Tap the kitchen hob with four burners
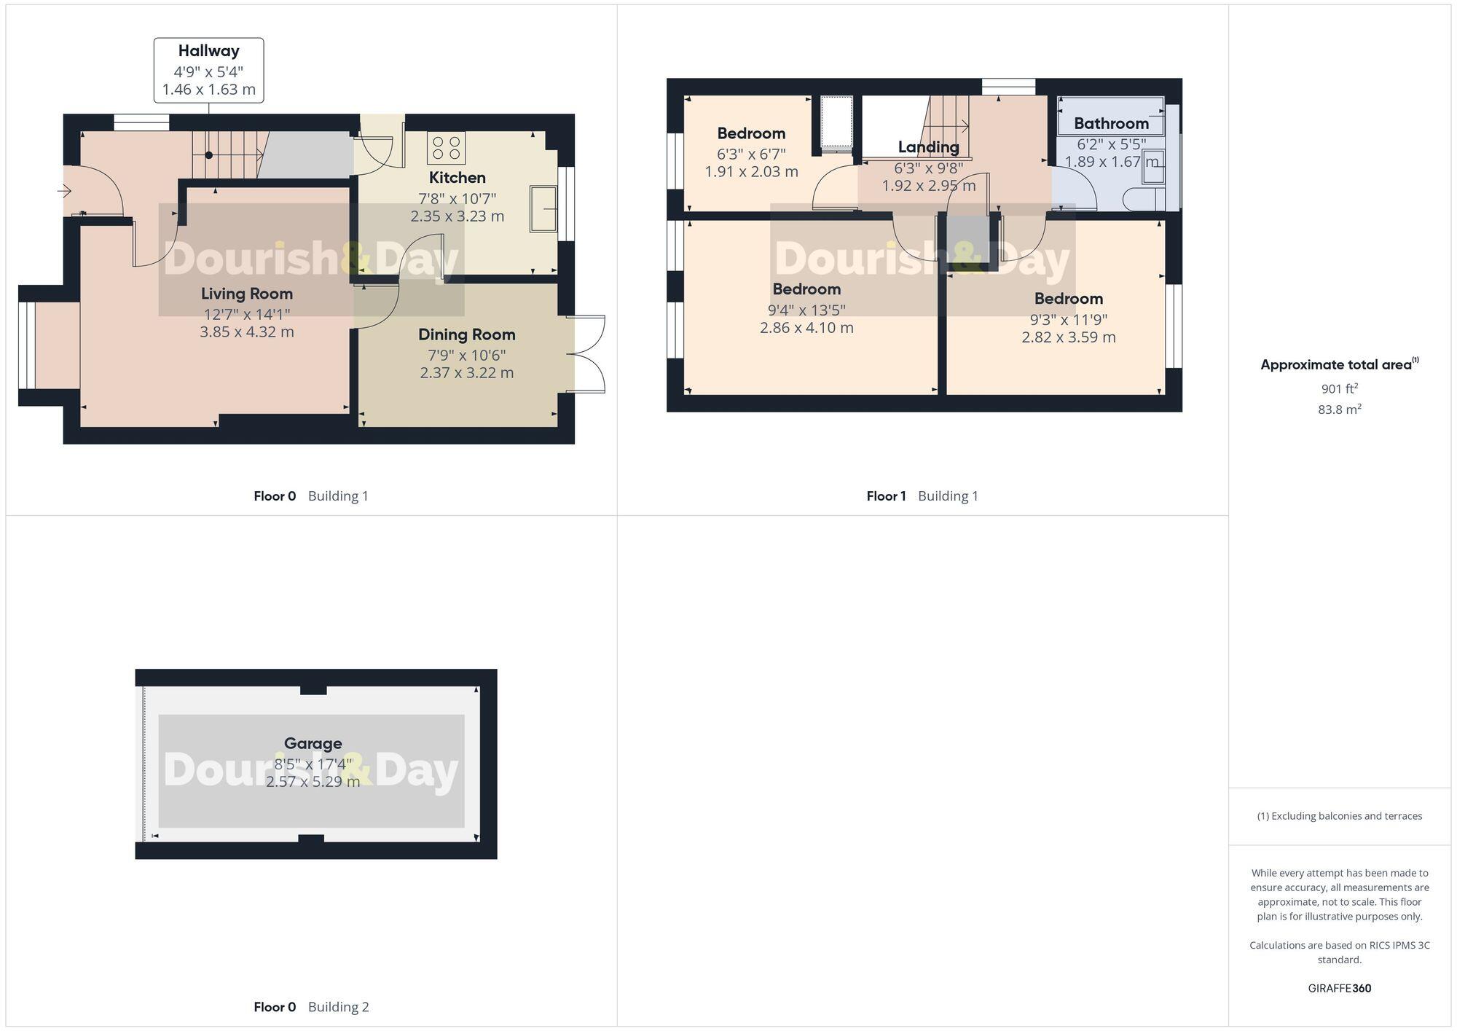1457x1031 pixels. (x=446, y=148)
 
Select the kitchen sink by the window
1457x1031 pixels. (x=543, y=209)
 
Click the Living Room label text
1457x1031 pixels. (x=247, y=294)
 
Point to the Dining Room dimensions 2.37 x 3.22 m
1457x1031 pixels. (x=466, y=373)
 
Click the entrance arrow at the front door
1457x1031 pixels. (x=64, y=192)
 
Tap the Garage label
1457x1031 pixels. (x=313, y=743)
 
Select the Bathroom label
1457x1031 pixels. (x=1110, y=123)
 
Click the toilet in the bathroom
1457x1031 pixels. (x=1139, y=199)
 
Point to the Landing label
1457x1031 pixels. (x=928, y=147)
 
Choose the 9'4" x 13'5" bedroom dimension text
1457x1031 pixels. (x=806, y=310)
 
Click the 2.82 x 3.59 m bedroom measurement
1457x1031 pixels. (x=1068, y=337)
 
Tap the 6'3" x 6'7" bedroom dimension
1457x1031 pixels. (x=751, y=154)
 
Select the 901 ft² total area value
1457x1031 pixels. (x=1339, y=388)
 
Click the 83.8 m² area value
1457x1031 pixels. (x=1339, y=409)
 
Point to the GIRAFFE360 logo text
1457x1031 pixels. (x=1339, y=988)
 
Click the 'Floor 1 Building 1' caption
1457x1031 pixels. (x=922, y=496)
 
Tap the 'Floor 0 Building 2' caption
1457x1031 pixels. (x=311, y=1007)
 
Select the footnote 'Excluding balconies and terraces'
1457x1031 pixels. (x=1339, y=816)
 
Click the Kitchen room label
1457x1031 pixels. (x=457, y=178)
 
